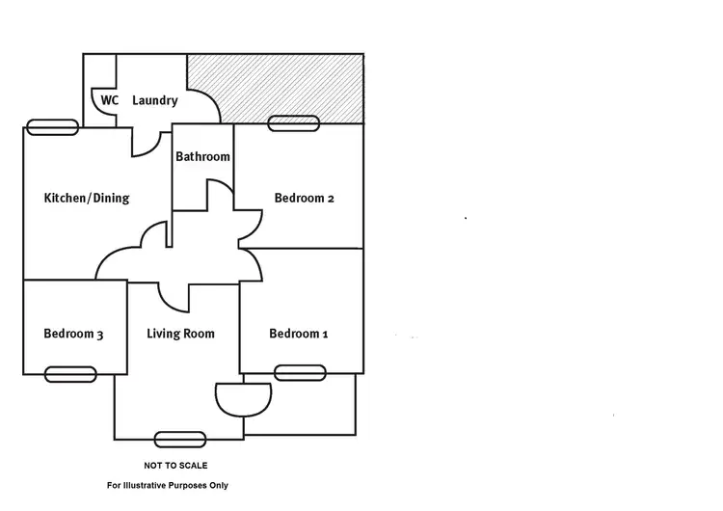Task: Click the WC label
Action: tap(109, 100)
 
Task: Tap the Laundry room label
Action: tap(154, 100)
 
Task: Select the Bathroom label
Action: tap(202, 156)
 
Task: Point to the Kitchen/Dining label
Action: tap(87, 199)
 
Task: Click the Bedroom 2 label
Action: tap(305, 199)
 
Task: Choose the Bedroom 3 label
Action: tap(73, 335)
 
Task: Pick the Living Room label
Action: tap(180, 335)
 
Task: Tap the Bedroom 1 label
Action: tap(299, 335)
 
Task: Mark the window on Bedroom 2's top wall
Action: tap(294, 122)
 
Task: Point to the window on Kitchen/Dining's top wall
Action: tap(52, 126)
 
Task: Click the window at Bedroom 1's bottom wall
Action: tap(300, 372)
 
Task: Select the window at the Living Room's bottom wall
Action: tap(179, 439)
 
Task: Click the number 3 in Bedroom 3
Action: tap(99, 335)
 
